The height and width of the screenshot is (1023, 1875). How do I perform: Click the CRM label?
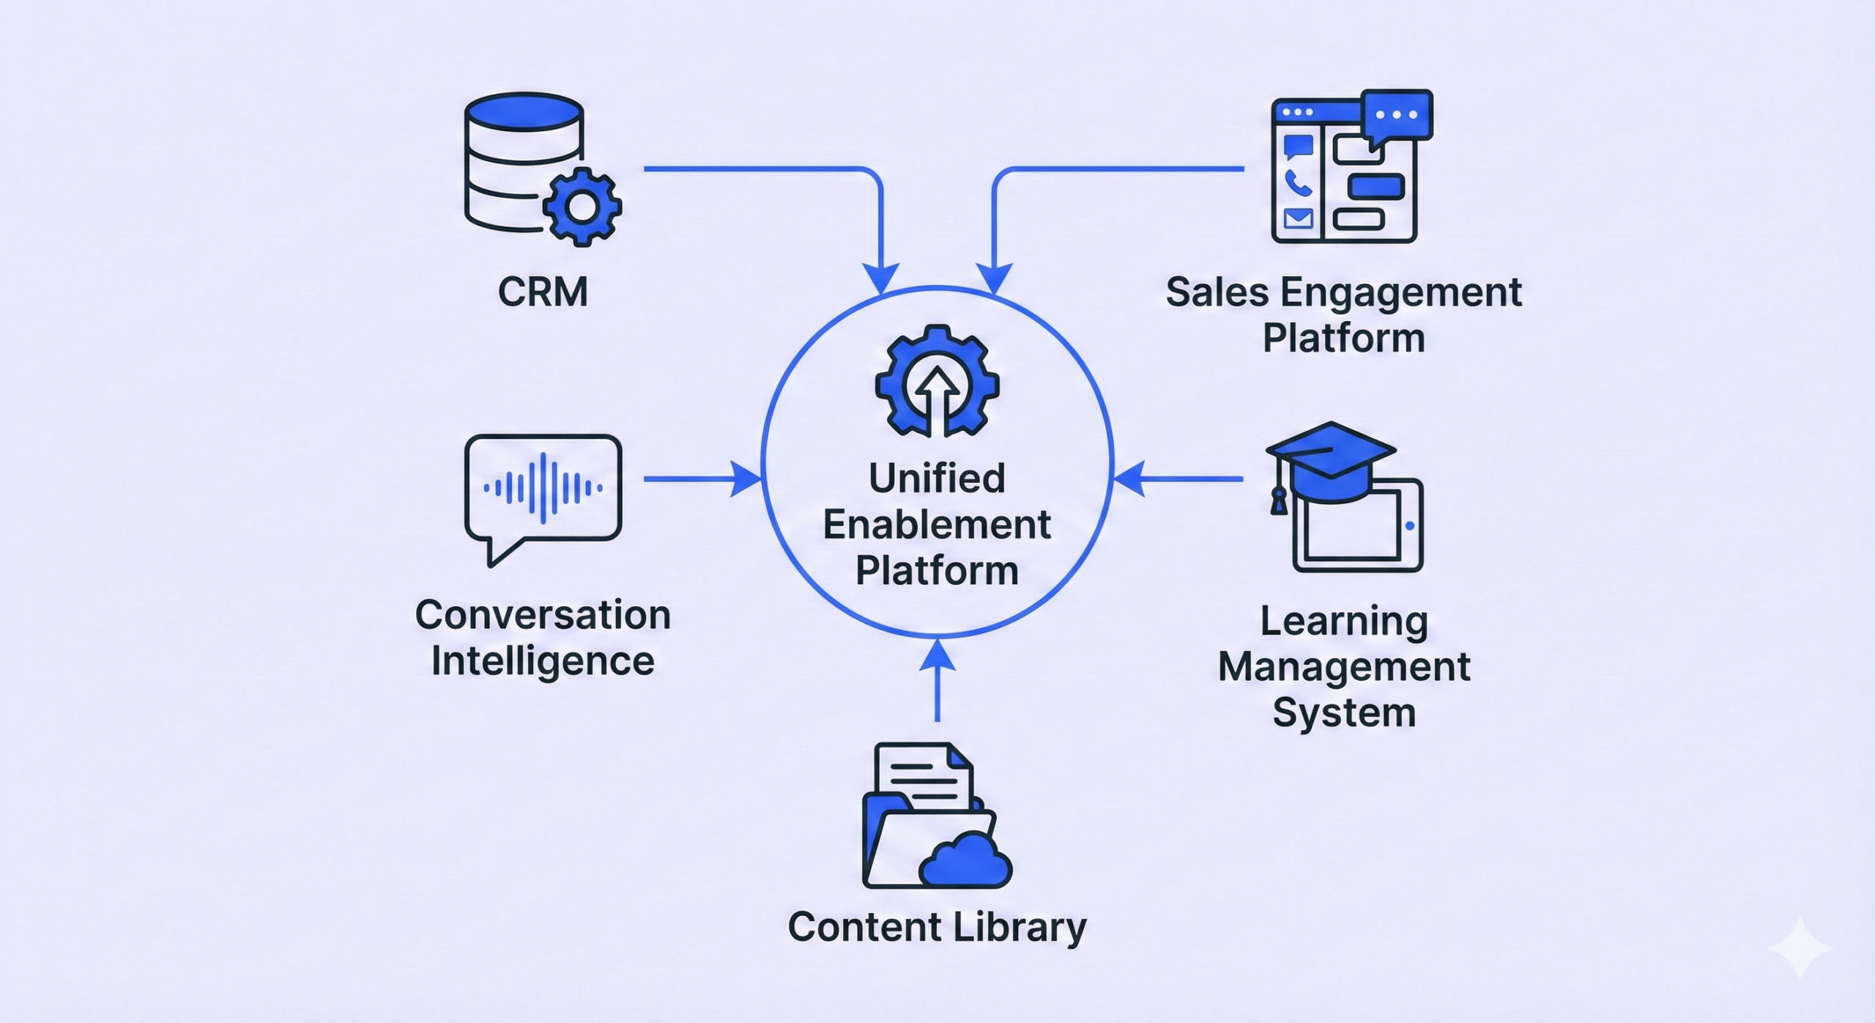pyautogui.click(x=543, y=292)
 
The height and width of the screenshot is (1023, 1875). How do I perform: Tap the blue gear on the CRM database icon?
pyautogui.click(x=582, y=207)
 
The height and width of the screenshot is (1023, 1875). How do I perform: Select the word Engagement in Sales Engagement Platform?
pyautogui.click(x=1400, y=293)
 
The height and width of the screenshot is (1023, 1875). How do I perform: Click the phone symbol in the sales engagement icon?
pyautogui.click(x=1298, y=182)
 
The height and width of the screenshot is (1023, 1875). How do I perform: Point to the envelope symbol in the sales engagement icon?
pyautogui.click(x=1298, y=218)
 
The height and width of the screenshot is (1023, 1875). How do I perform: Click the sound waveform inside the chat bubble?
pyautogui.click(x=543, y=488)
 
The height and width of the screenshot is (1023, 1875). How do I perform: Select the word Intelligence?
pyautogui.click(x=543, y=661)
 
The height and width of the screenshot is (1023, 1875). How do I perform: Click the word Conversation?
pyautogui.click(x=543, y=615)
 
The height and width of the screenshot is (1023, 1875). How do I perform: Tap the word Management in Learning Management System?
pyautogui.click(x=1344, y=667)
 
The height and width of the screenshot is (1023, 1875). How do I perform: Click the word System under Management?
pyautogui.click(x=1344, y=713)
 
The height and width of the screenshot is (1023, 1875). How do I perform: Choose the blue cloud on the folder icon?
pyautogui.click(x=965, y=863)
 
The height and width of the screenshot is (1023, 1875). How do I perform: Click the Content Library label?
pyautogui.click(x=937, y=927)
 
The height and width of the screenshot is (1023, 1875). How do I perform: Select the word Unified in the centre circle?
pyautogui.click(x=937, y=479)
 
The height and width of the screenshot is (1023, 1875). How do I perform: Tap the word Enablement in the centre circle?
pyautogui.click(x=937, y=525)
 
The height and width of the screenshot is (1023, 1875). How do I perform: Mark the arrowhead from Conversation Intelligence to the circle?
pyautogui.click(x=747, y=479)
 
